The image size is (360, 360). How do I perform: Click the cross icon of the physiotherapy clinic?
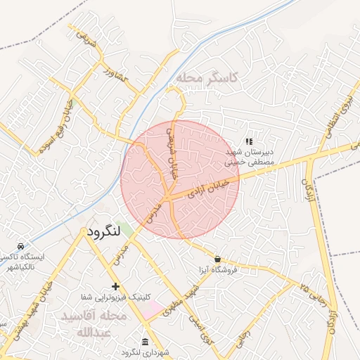click(116, 286)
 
